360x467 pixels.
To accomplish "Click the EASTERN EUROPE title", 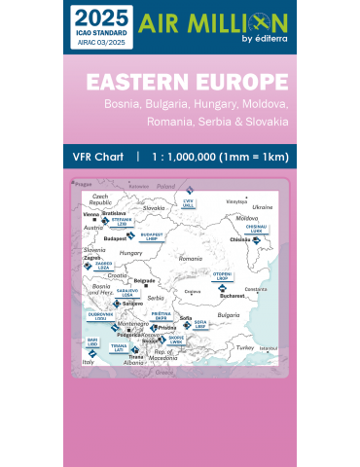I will click(186, 81).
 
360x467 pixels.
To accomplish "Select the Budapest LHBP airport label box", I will click(152, 235).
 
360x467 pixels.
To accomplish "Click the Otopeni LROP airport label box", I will click(222, 276).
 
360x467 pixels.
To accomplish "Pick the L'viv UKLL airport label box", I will click(189, 201).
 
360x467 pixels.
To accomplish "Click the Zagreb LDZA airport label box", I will click(103, 265).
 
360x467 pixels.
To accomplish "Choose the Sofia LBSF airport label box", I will click(199, 324).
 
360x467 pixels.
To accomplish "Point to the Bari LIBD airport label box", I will click(92, 342).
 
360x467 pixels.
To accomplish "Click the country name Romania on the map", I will click(191, 259).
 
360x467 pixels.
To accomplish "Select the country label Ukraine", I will click(263, 207).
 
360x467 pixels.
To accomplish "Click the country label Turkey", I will click(244, 347).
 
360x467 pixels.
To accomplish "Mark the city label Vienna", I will click(91, 213).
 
